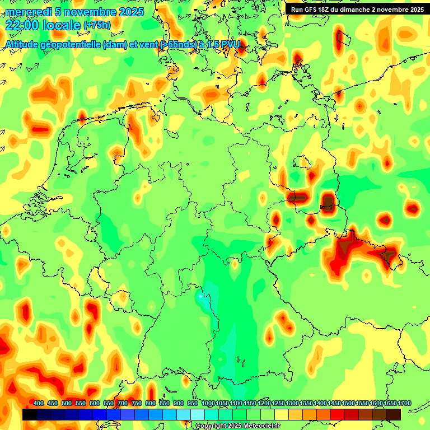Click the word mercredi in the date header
point(26,11)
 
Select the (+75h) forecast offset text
point(97,25)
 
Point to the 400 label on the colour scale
point(39,404)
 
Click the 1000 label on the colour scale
point(208,404)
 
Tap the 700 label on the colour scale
point(123,404)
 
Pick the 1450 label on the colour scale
point(334,404)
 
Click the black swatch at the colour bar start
point(30,414)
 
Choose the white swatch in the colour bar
point(198,414)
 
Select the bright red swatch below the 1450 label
point(338,414)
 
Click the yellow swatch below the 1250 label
point(282,414)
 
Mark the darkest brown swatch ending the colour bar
point(394,414)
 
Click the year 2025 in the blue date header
point(131,11)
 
